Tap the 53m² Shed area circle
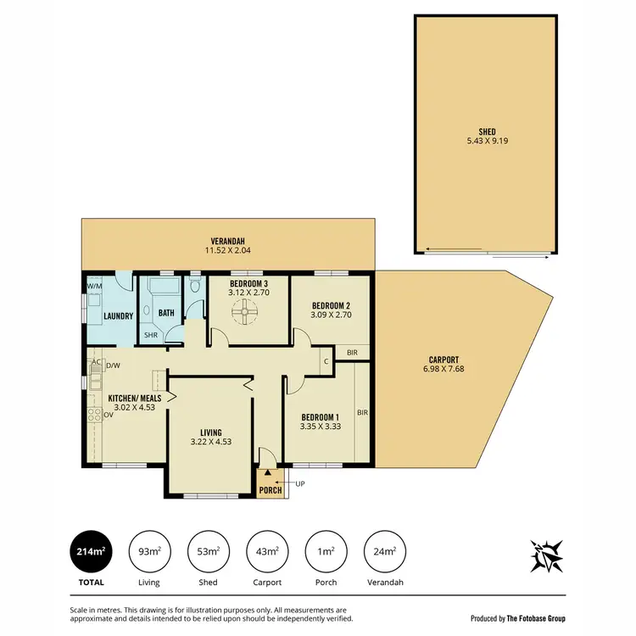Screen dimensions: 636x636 tap(208, 551)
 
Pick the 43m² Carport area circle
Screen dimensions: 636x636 tap(267, 551)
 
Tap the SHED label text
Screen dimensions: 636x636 tap(487, 131)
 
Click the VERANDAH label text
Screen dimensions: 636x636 tap(228, 240)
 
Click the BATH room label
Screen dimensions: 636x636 tap(166, 313)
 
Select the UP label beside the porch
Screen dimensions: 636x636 tap(300, 483)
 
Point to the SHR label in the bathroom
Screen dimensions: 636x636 tap(151, 335)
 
